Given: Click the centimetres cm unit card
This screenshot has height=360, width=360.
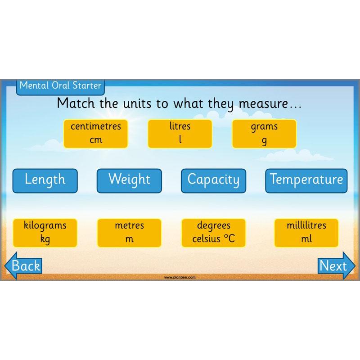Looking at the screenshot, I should [x=95, y=133].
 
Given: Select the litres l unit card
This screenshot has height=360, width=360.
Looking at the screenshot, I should [x=180, y=133].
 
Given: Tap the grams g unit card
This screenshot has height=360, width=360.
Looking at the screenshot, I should [x=264, y=133].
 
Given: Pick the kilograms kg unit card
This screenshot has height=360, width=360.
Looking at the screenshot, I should [x=45, y=232].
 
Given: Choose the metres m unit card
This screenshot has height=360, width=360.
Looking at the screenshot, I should [x=129, y=232].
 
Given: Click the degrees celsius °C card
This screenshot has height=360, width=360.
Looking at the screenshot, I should [x=213, y=232].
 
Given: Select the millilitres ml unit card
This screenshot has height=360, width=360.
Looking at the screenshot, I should [x=306, y=232].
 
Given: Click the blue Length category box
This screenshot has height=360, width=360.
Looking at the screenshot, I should [x=45, y=180].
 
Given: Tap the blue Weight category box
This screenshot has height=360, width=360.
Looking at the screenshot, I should [x=129, y=180].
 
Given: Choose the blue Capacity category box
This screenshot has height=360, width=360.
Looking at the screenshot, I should [x=213, y=180].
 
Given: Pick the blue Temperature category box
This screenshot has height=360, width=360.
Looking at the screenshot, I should [x=306, y=180].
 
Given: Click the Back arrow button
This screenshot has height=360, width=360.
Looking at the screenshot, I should [x=23, y=266].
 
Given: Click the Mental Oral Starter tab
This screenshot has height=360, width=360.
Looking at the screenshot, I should [x=60, y=85].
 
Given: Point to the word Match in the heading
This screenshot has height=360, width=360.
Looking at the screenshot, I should [x=76, y=103].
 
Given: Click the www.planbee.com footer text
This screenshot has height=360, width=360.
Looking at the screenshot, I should [x=180, y=278].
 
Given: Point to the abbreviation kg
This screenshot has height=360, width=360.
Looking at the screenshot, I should [x=45, y=239].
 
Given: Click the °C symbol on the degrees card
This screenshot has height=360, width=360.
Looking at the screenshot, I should [x=228, y=238].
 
